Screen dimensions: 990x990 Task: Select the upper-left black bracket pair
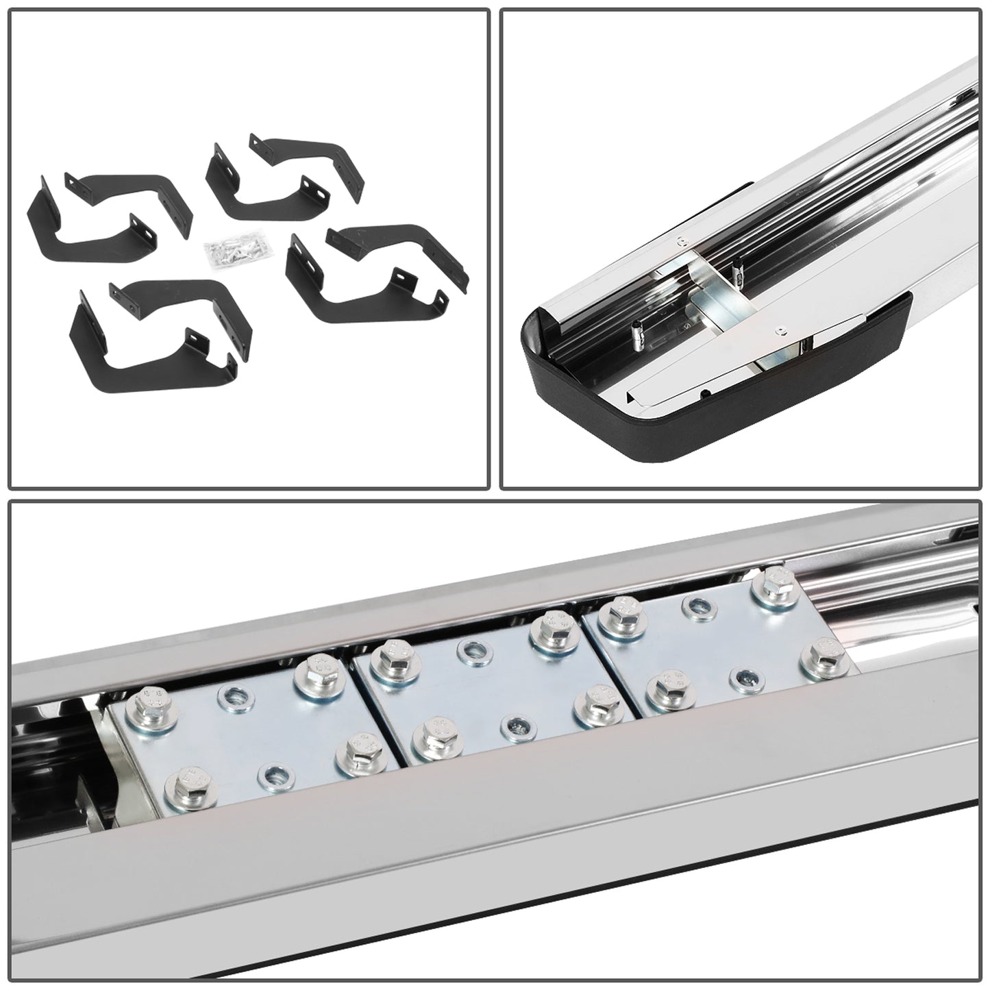point(103,206)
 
